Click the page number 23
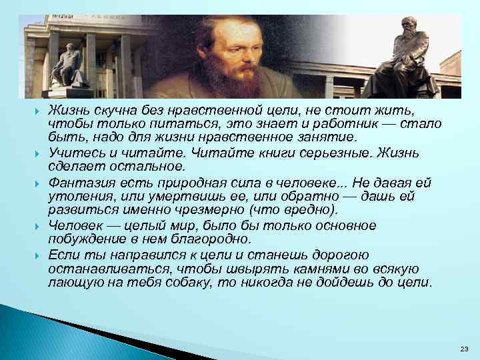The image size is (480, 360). coord(464,349)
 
